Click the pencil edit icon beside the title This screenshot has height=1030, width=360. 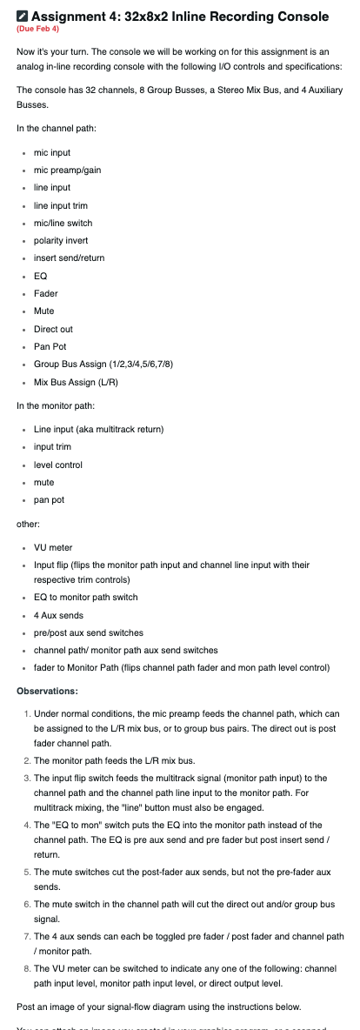click(23, 17)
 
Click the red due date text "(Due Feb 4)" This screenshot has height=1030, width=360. click(36, 29)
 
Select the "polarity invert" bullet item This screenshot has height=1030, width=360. click(61, 240)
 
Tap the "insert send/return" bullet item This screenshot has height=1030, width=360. click(69, 258)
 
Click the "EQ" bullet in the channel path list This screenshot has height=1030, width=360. click(40, 276)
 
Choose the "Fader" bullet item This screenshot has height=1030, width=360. click(45, 293)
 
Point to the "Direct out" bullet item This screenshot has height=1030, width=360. click(53, 329)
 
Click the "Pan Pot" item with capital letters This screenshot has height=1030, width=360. click(50, 346)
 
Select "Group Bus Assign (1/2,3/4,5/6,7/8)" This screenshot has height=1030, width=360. click(103, 364)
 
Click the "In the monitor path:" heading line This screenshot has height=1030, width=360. click(63, 405)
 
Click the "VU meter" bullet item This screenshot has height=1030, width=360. click(53, 547)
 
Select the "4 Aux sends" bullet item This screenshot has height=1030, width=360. click(58, 615)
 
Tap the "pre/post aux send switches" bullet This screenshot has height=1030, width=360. click(89, 632)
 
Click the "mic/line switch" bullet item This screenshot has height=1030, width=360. click(63, 223)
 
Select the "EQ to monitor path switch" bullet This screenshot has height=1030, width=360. click(85, 597)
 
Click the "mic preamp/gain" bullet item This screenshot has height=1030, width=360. click(67, 170)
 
